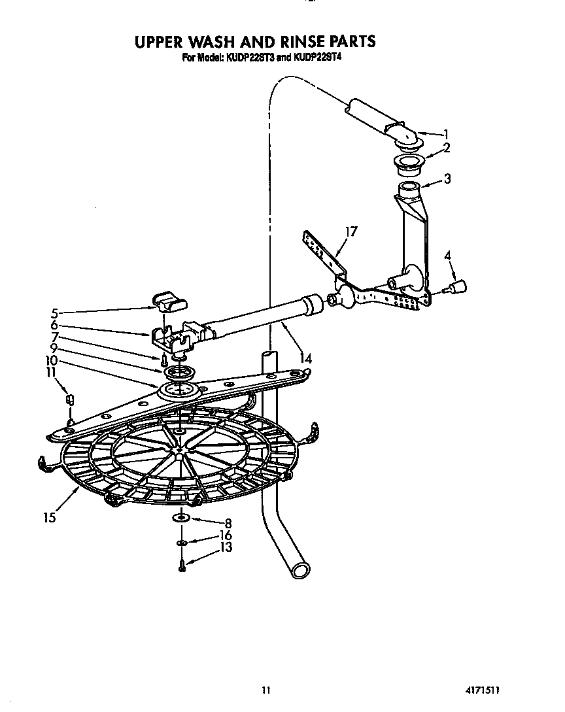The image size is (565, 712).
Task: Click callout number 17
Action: (x=351, y=231)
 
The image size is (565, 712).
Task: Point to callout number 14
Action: (x=305, y=358)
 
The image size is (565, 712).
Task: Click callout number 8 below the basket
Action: (x=228, y=523)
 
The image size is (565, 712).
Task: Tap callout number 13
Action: (x=226, y=547)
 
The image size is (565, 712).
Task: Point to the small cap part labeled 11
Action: (x=70, y=399)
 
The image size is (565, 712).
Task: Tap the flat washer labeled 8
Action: (x=182, y=518)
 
